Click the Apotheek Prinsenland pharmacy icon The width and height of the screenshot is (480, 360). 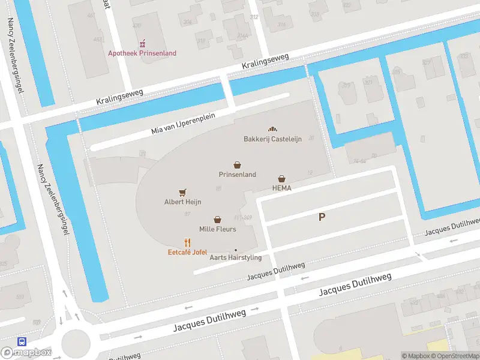(x=142, y=44)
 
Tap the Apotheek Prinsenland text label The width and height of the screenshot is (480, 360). (x=142, y=53)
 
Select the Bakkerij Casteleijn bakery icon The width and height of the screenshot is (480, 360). (x=272, y=129)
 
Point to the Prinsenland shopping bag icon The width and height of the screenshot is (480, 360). (x=238, y=164)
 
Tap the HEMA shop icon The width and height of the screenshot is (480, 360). (x=281, y=178)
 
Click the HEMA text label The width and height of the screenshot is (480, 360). (x=281, y=188)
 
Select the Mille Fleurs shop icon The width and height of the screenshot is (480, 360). (x=217, y=220)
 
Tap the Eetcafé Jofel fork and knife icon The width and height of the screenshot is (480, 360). (x=188, y=242)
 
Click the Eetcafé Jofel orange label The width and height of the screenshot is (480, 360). (x=187, y=253)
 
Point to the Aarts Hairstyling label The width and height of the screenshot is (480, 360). (x=236, y=257)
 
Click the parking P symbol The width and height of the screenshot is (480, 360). (x=322, y=217)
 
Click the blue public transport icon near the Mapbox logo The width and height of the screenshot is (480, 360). (x=22, y=341)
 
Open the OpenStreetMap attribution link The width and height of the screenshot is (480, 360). (x=457, y=356)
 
